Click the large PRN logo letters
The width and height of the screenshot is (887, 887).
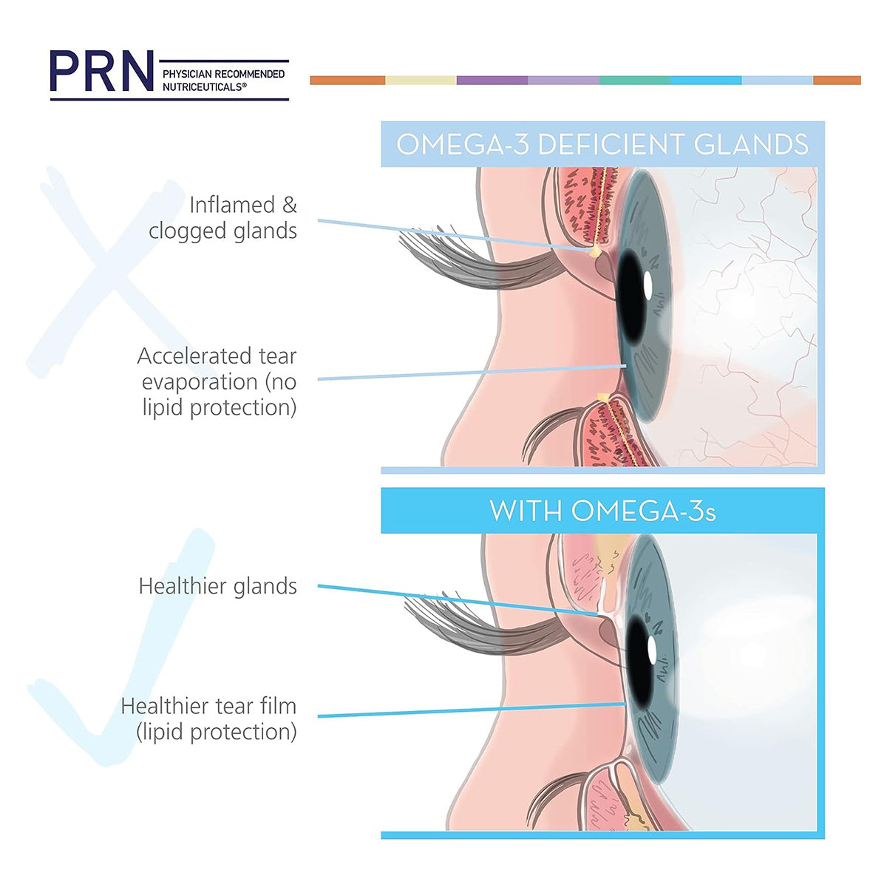tap(101, 71)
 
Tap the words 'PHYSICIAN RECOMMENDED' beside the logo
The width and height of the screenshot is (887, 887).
tap(223, 74)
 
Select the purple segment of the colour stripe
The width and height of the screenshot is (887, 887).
tap(492, 80)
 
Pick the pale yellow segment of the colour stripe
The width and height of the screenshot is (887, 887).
tap(421, 80)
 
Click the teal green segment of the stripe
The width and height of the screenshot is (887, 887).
tap(635, 80)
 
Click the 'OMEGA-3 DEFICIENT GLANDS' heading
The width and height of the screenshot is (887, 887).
tap(602, 145)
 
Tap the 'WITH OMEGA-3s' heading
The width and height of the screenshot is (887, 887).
tap(602, 511)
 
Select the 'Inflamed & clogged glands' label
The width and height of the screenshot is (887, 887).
tap(222, 218)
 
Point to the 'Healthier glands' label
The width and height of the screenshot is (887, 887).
tap(218, 586)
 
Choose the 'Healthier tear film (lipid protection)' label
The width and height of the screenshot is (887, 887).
tap(209, 719)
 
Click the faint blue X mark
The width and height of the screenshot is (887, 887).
tap(110, 271)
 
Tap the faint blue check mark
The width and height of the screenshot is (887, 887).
tap(120, 648)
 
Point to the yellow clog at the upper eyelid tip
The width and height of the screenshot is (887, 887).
tap(596, 251)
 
